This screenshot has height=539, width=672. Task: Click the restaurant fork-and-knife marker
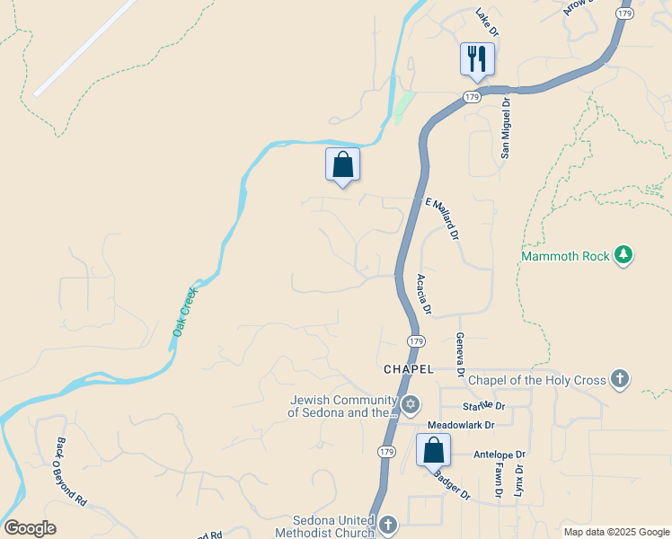tap(477, 59)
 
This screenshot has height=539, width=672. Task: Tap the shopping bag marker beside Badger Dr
tap(433, 450)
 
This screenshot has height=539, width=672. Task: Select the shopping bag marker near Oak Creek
tap(342, 164)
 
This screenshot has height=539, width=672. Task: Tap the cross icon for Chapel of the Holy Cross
tap(619, 380)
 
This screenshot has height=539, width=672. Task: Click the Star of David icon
tap(411, 405)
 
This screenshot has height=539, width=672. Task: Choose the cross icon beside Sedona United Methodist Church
tap(387, 524)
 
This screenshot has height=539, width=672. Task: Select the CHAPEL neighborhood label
tap(409, 369)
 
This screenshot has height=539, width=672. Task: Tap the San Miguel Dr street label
tap(505, 128)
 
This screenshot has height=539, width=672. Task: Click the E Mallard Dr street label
tap(442, 219)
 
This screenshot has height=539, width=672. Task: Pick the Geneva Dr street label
tap(459, 353)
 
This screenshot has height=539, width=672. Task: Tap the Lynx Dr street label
tap(517, 481)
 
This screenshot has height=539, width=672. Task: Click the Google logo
tap(29, 528)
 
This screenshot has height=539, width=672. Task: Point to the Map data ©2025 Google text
tap(615, 532)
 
